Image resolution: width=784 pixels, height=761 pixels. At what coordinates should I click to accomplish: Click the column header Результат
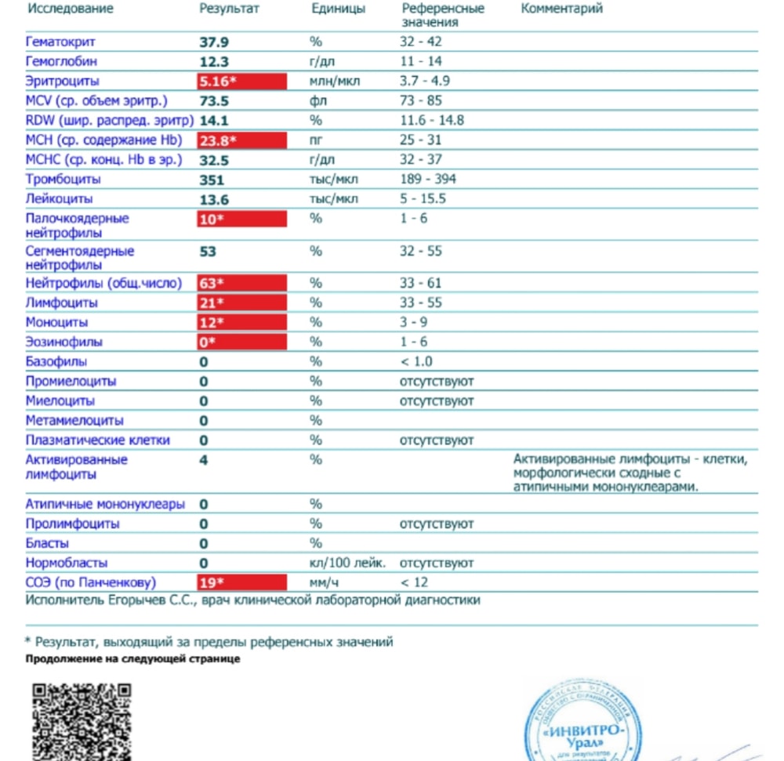click(x=229, y=9)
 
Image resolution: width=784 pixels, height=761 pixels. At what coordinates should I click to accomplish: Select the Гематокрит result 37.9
click(x=213, y=42)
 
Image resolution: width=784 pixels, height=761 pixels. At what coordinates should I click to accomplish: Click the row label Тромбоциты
click(x=63, y=179)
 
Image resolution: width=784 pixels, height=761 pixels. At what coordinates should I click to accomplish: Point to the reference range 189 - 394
click(x=428, y=179)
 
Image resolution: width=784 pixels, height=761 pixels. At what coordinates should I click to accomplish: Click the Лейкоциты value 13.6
click(x=212, y=199)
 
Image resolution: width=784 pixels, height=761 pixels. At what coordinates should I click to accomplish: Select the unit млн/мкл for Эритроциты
click(x=334, y=81)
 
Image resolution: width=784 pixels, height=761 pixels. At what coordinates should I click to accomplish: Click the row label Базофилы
click(x=56, y=362)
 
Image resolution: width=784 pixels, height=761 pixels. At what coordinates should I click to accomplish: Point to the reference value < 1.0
click(x=416, y=362)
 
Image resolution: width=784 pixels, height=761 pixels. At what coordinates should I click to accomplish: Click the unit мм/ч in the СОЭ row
click(x=323, y=582)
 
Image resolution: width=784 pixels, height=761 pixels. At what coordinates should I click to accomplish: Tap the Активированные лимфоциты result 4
click(x=204, y=460)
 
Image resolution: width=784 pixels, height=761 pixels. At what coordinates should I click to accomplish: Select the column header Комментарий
click(x=562, y=9)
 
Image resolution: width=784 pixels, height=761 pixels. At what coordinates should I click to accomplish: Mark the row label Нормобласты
click(x=67, y=563)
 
